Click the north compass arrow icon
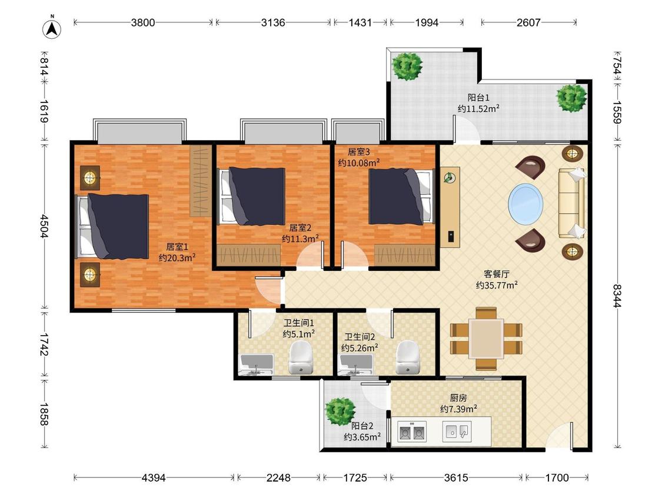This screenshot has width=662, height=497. pyautogui.click(x=52, y=29)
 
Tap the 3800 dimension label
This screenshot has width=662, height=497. pyautogui.click(x=143, y=22)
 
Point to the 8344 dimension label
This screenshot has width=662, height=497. pyautogui.click(x=617, y=296)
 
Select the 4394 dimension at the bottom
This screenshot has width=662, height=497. pyautogui.click(x=154, y=478)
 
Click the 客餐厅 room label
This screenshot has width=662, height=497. pyautogui.click(x=497, y=274)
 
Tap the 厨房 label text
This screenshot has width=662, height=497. pyautogui.click(x=458, y=397)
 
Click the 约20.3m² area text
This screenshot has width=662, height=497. pyautogui.click(x=177, y=257)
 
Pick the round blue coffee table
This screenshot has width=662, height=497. pyautogui.click(x=525, y=204)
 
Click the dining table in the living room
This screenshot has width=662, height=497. pyautogui.click(x=486, y=339)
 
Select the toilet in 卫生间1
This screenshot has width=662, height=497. pyautogui.click(x=301, y=357)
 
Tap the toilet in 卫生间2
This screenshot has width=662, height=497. pyautogui.click(x=408, y=357)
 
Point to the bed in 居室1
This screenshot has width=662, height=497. pyautogui.click(x=112, y=226)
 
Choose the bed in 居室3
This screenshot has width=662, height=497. pyautogui.click(x=401, y=197)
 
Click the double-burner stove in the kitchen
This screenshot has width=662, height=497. pyautogui.click(x=412, y=432)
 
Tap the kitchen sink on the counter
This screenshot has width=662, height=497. pyautogui.click(x=457, y=432)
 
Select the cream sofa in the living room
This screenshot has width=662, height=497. pyautogui.click(x=572, y=203)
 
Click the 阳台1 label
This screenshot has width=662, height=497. pyautogui.click(x=478, y=98)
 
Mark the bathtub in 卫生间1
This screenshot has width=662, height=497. pyautogui.click(x=256, y=365)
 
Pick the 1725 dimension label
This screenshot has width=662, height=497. pyautogui.click(x=355, y=478)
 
